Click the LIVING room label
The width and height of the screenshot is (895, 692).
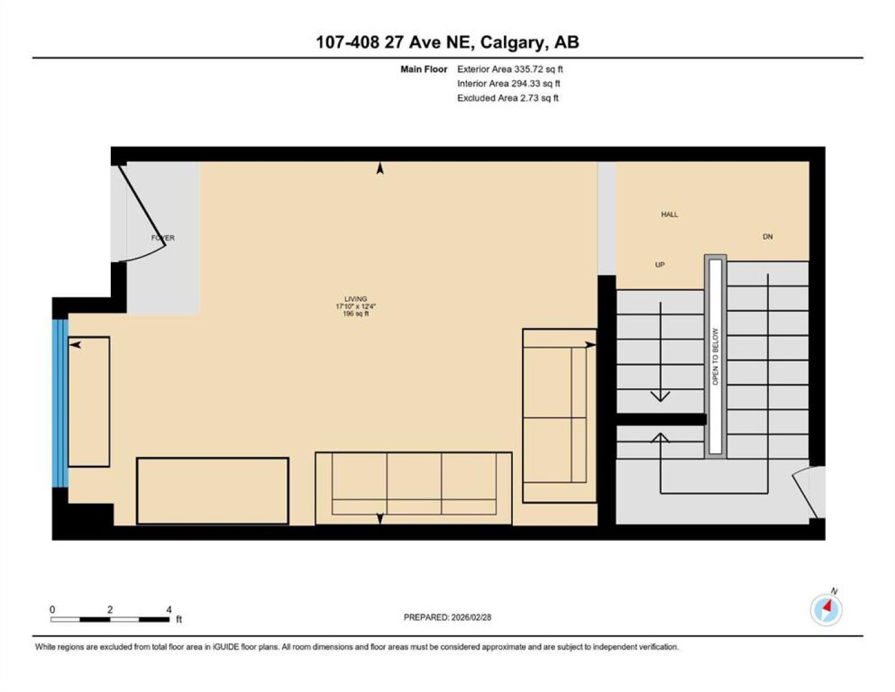pos(355,299)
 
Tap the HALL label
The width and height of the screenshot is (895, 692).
pos(669,215)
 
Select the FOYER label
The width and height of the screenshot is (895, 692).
pos(163,238)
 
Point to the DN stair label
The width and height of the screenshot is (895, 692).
pos(767,236)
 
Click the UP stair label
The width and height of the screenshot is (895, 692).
pos(660,265)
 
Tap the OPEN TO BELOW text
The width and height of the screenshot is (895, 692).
pos(715,356)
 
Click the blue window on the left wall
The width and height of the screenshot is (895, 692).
pos(60,403)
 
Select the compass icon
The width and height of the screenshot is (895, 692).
pos(826,610)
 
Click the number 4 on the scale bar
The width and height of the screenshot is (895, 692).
pos(169,610)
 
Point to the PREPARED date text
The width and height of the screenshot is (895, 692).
pos(447,618)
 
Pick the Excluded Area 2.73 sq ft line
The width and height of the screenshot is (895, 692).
pos(508,98)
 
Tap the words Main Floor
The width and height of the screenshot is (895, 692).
pos(424,69)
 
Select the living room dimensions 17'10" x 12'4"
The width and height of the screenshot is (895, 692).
pos(356,306)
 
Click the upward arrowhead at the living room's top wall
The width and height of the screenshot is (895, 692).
pos(380,168)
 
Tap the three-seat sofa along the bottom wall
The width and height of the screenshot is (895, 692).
pos(414,488)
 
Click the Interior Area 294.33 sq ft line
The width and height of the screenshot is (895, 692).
pos(508,83)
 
